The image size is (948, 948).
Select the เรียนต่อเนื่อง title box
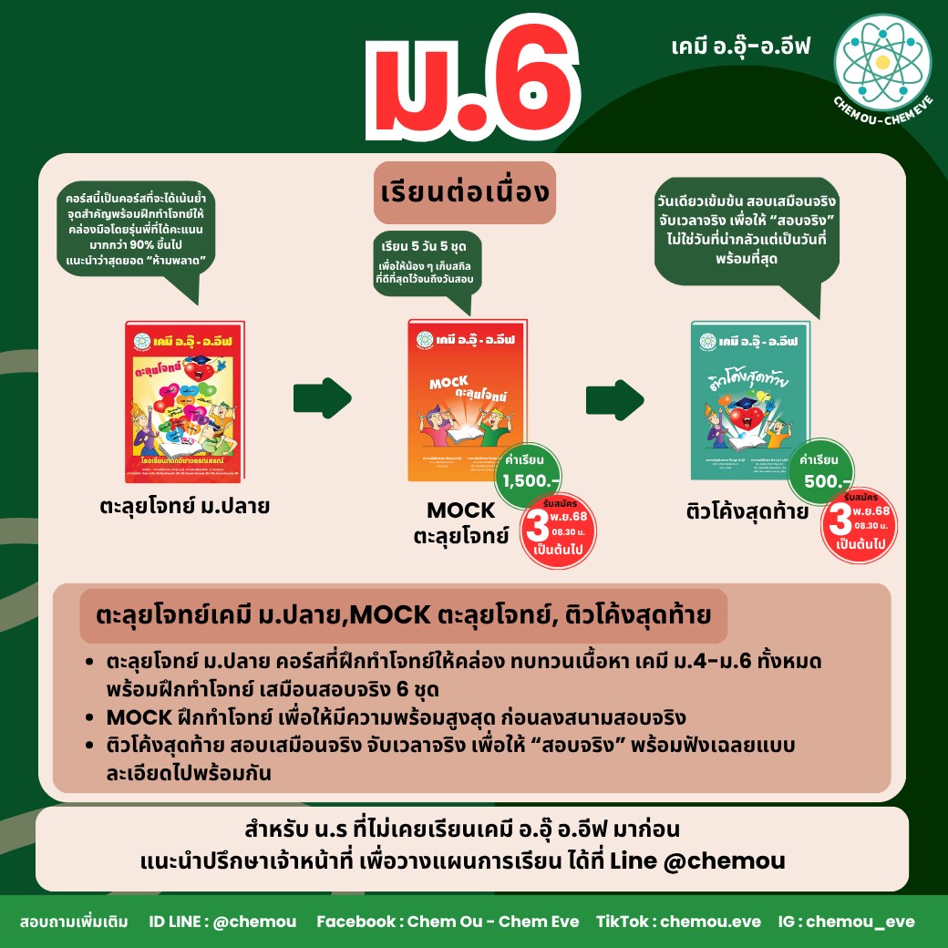466,191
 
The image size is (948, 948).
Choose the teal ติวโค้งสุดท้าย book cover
750,400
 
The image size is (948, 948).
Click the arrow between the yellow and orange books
321,397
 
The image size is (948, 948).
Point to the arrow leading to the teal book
614,397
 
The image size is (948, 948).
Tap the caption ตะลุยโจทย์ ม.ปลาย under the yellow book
185,506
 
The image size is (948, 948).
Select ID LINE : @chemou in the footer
222,922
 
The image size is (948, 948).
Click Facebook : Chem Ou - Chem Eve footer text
447,922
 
